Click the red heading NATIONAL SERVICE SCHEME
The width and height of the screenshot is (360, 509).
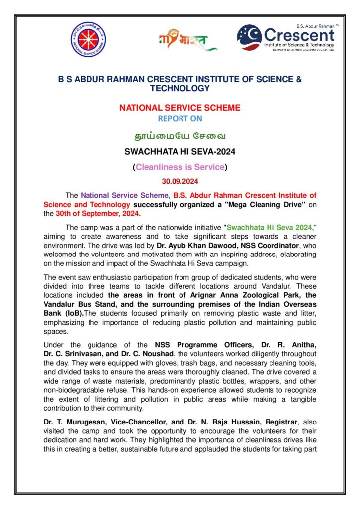(x=180, y=107)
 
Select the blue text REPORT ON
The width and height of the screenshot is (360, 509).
(x=180, y=118)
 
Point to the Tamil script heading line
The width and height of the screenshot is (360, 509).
(x=180, y=135)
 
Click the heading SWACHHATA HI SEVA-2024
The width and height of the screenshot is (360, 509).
(x=180, y=151)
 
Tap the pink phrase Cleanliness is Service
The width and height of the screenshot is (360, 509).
(x=180, y=167)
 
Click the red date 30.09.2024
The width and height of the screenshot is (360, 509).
(x=180, y=182)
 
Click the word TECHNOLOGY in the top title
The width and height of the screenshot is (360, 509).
(x=180, y=88)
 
